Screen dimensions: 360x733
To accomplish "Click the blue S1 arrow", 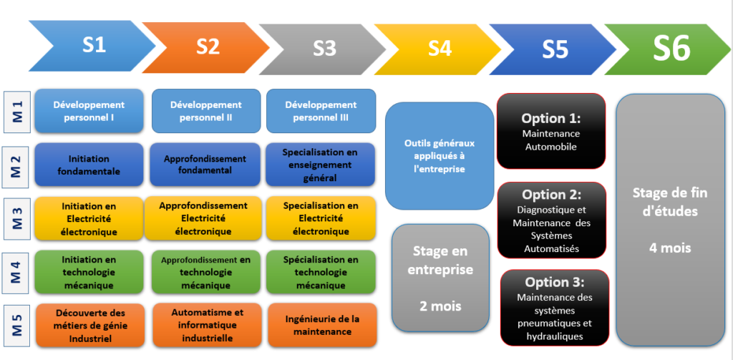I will point(93,47).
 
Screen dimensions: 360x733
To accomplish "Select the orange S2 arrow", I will point(208,47).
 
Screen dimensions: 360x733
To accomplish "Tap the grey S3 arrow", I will point(324,47).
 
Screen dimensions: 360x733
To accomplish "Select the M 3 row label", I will point(16,218).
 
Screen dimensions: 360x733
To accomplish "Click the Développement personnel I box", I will point(89,111).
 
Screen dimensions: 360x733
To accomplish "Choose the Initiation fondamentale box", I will point(89,165).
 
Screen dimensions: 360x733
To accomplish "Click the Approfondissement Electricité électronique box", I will point(203,218).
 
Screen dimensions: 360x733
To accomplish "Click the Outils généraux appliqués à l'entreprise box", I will point(440,156).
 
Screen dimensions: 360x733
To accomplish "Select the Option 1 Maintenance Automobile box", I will point(550,132).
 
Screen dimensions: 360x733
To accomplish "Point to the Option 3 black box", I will point(554,308).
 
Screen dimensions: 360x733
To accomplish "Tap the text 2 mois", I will point(440,306).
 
